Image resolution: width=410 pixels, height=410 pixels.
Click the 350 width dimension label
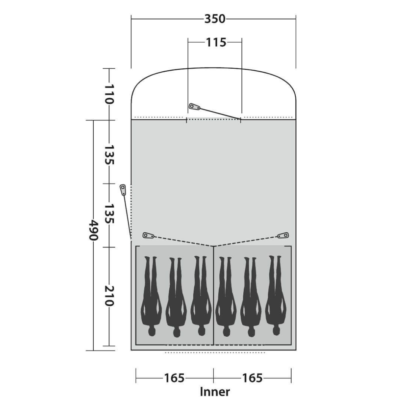[214, 19]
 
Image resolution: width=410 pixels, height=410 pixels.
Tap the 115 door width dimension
[216, 43]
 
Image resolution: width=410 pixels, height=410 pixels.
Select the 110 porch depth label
[109, 94]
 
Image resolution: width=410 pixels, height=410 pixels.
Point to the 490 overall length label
[94, 230]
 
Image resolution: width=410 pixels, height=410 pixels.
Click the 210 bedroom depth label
[109, 296]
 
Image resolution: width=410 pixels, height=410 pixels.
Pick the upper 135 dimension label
[109, 155]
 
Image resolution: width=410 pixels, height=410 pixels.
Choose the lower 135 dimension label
[109, 214]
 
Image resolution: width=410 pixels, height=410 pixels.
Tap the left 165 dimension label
[174, 378]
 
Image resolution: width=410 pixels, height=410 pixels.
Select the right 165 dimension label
[252, 378]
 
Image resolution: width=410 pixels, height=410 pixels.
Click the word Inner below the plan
[215, 392]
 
